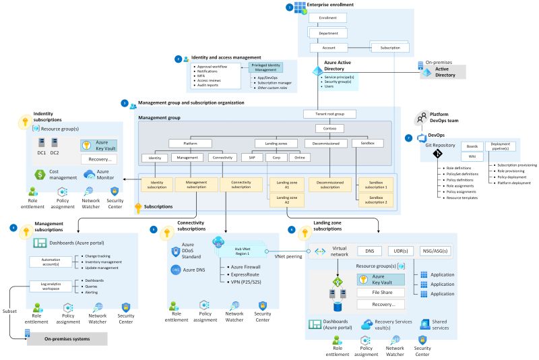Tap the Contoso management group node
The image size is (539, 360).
pos(329,128)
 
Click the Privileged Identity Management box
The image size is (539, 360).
pos(265,67)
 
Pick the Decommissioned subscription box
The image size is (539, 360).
pos(327,185)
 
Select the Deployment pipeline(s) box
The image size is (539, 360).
pos(501,146)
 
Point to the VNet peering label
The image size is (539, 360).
pos(288,257)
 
